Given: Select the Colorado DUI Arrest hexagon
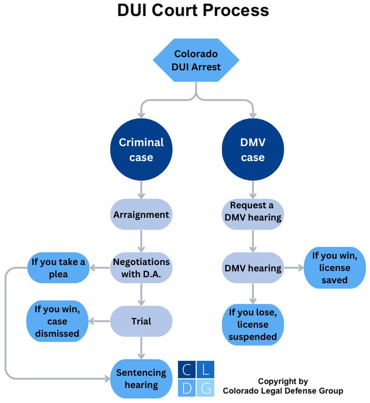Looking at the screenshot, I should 196,60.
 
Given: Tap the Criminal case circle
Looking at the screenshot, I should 141,150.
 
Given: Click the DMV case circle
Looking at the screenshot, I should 252,150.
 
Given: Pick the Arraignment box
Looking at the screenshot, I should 141,214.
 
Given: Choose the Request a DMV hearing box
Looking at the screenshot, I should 252,211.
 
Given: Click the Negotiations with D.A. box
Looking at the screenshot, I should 141,268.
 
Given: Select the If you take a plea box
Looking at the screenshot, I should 58,268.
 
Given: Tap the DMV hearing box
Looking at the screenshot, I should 252,268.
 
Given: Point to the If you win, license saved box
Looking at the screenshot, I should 335,268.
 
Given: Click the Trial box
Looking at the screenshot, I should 141,321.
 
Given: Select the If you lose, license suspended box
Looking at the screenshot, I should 252,324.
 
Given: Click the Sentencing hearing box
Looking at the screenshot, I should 141,378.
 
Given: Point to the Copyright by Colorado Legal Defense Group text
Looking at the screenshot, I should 283,386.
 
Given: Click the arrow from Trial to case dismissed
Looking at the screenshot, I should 100,321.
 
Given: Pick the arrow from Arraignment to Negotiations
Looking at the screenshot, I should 141,241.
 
